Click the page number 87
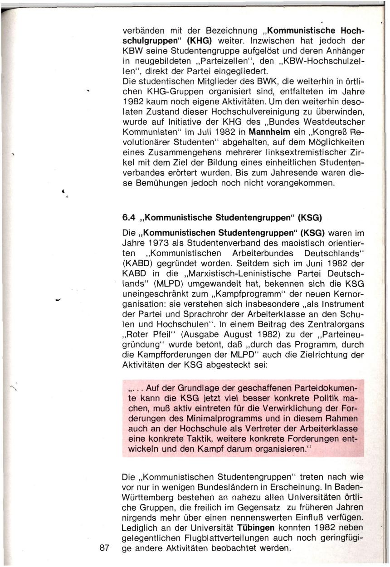coord(104,547)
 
